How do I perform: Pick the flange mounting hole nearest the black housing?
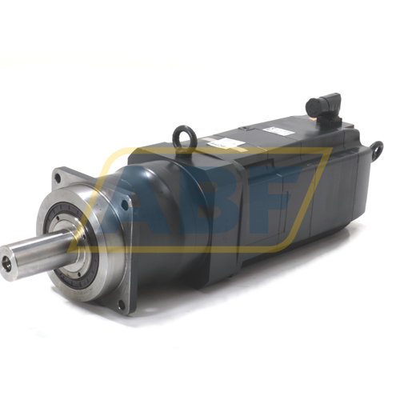pyautogui.click(x=125, y=205)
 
